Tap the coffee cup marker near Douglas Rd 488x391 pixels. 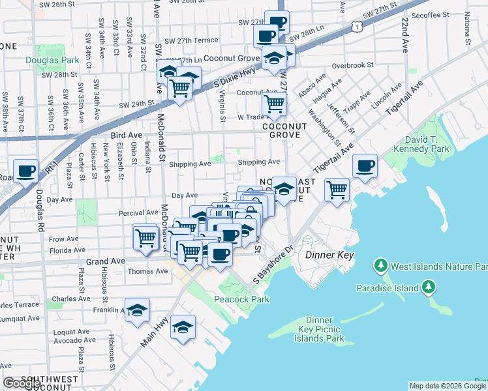coord(26,171)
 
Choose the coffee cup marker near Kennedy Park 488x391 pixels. coord(365,166)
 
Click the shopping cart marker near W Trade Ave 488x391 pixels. coord(275,103)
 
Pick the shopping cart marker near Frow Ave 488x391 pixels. coord(145,237)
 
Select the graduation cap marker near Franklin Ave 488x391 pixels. coord(137,311)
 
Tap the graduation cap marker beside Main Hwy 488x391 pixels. coord(183,328)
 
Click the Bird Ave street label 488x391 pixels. coord(126,135)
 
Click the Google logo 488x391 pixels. coord(21,383)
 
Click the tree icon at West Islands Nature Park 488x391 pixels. coord(380,266)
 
